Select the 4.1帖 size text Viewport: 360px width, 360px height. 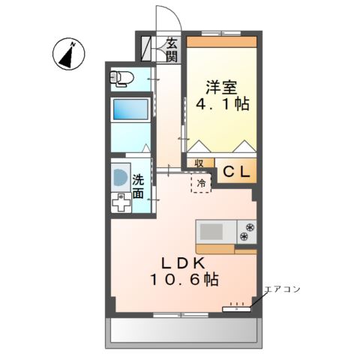click(x=223, y=104)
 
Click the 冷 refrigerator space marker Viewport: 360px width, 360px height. click(x=201, y=182)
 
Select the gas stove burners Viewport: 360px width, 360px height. click(x=246, y=231)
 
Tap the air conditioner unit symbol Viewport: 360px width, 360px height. click(x=238, y=307)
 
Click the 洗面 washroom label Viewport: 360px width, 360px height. click(x=139, y=187)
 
